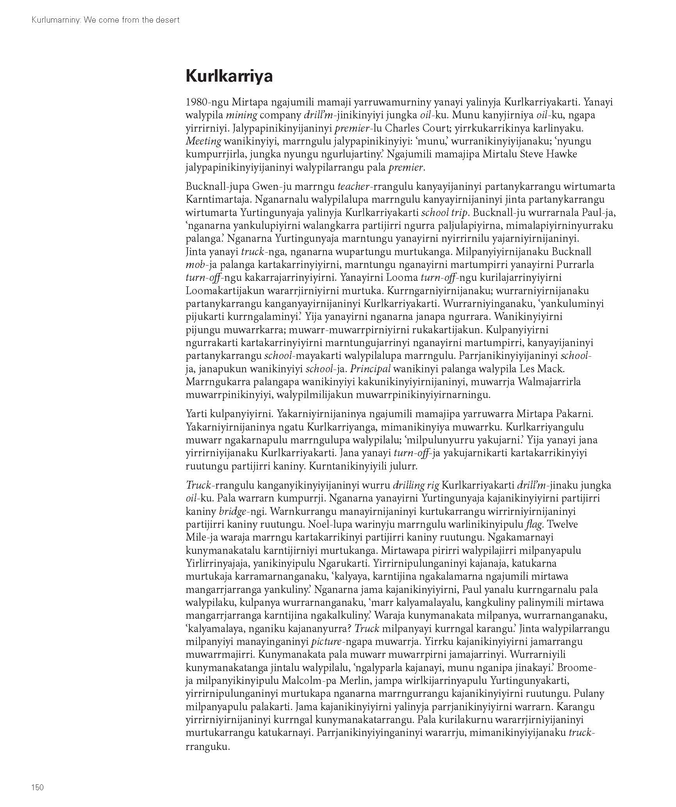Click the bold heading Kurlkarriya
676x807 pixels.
click(229, 76)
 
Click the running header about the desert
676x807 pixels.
click(105, 20)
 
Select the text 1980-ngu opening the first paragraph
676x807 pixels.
click(207, 102)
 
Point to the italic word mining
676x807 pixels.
click(241, 116)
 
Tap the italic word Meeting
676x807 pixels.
click(203, 141)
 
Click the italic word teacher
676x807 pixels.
click(353, 187)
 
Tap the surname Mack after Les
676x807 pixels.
click(550, 369)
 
